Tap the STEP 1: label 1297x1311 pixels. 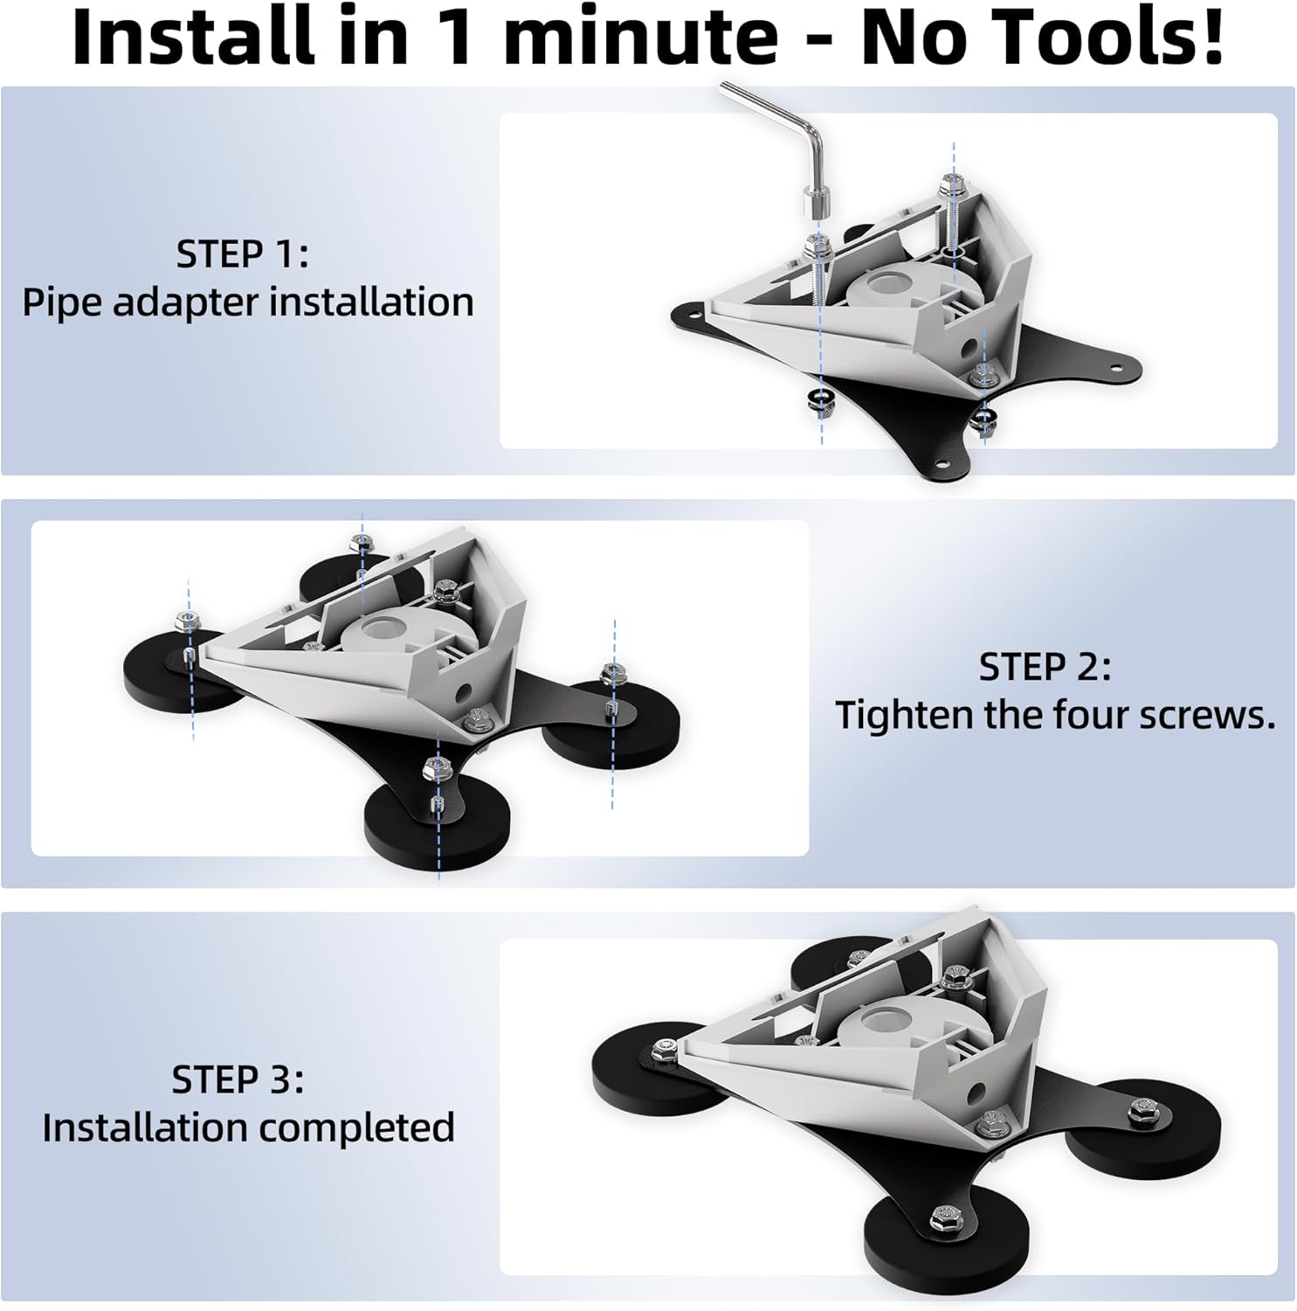(x=242, y=254)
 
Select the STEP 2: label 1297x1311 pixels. (x=1045, y=667)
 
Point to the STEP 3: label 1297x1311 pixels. (x=238, y=1079)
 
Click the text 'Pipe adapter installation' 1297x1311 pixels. (x=248, y=302)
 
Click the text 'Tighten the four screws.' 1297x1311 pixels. (x=1055, y=715)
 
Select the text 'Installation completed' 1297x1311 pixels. (x=248, y=1127)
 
